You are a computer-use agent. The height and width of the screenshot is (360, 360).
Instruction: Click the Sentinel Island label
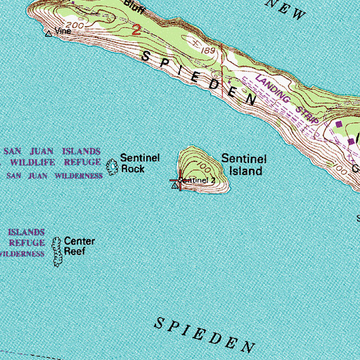[x=243, y=165]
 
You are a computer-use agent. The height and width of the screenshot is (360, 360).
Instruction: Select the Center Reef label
[x=79, y=245]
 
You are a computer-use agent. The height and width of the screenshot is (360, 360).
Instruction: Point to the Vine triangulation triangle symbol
[x=49, y=32]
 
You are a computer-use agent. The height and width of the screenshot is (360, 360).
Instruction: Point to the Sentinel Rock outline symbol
[x=111, y=167]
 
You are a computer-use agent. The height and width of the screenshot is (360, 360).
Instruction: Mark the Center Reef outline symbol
[x=57, y=252]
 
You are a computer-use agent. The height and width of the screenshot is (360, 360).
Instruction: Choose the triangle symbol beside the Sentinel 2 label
[x=175, y=186]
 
